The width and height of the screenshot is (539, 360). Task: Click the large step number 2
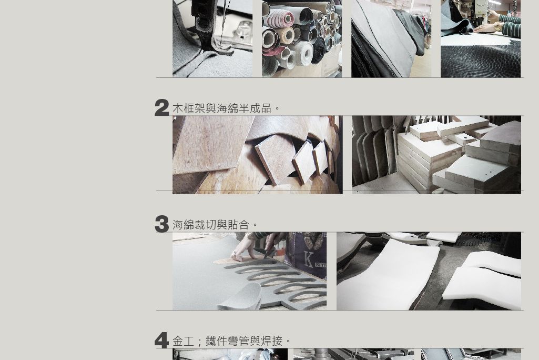[x=162, y=107]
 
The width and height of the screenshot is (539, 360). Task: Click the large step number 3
[x=162, y=224]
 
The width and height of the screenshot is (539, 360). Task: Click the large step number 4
[x=161, y=341]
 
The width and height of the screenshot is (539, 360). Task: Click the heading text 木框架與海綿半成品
[x=222, y=108]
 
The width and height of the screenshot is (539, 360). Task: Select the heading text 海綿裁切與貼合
[x=211, y=225]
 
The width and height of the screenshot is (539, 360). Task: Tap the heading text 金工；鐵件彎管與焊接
[x=227, y=341]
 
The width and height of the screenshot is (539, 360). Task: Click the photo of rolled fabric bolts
[x=302, y=38]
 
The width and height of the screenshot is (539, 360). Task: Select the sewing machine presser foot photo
[x=212, y=38]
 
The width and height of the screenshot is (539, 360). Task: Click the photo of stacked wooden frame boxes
[x=436, y=155]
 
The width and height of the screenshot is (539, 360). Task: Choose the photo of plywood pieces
[x=258, y=155]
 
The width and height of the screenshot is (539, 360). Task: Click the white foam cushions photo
[x=429, y=271]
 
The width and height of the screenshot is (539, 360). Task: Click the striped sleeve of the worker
[x=510, y=24]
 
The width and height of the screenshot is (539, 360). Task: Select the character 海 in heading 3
[x=178, y=225]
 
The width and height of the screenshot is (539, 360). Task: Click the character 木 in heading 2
[x=178, y=108]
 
